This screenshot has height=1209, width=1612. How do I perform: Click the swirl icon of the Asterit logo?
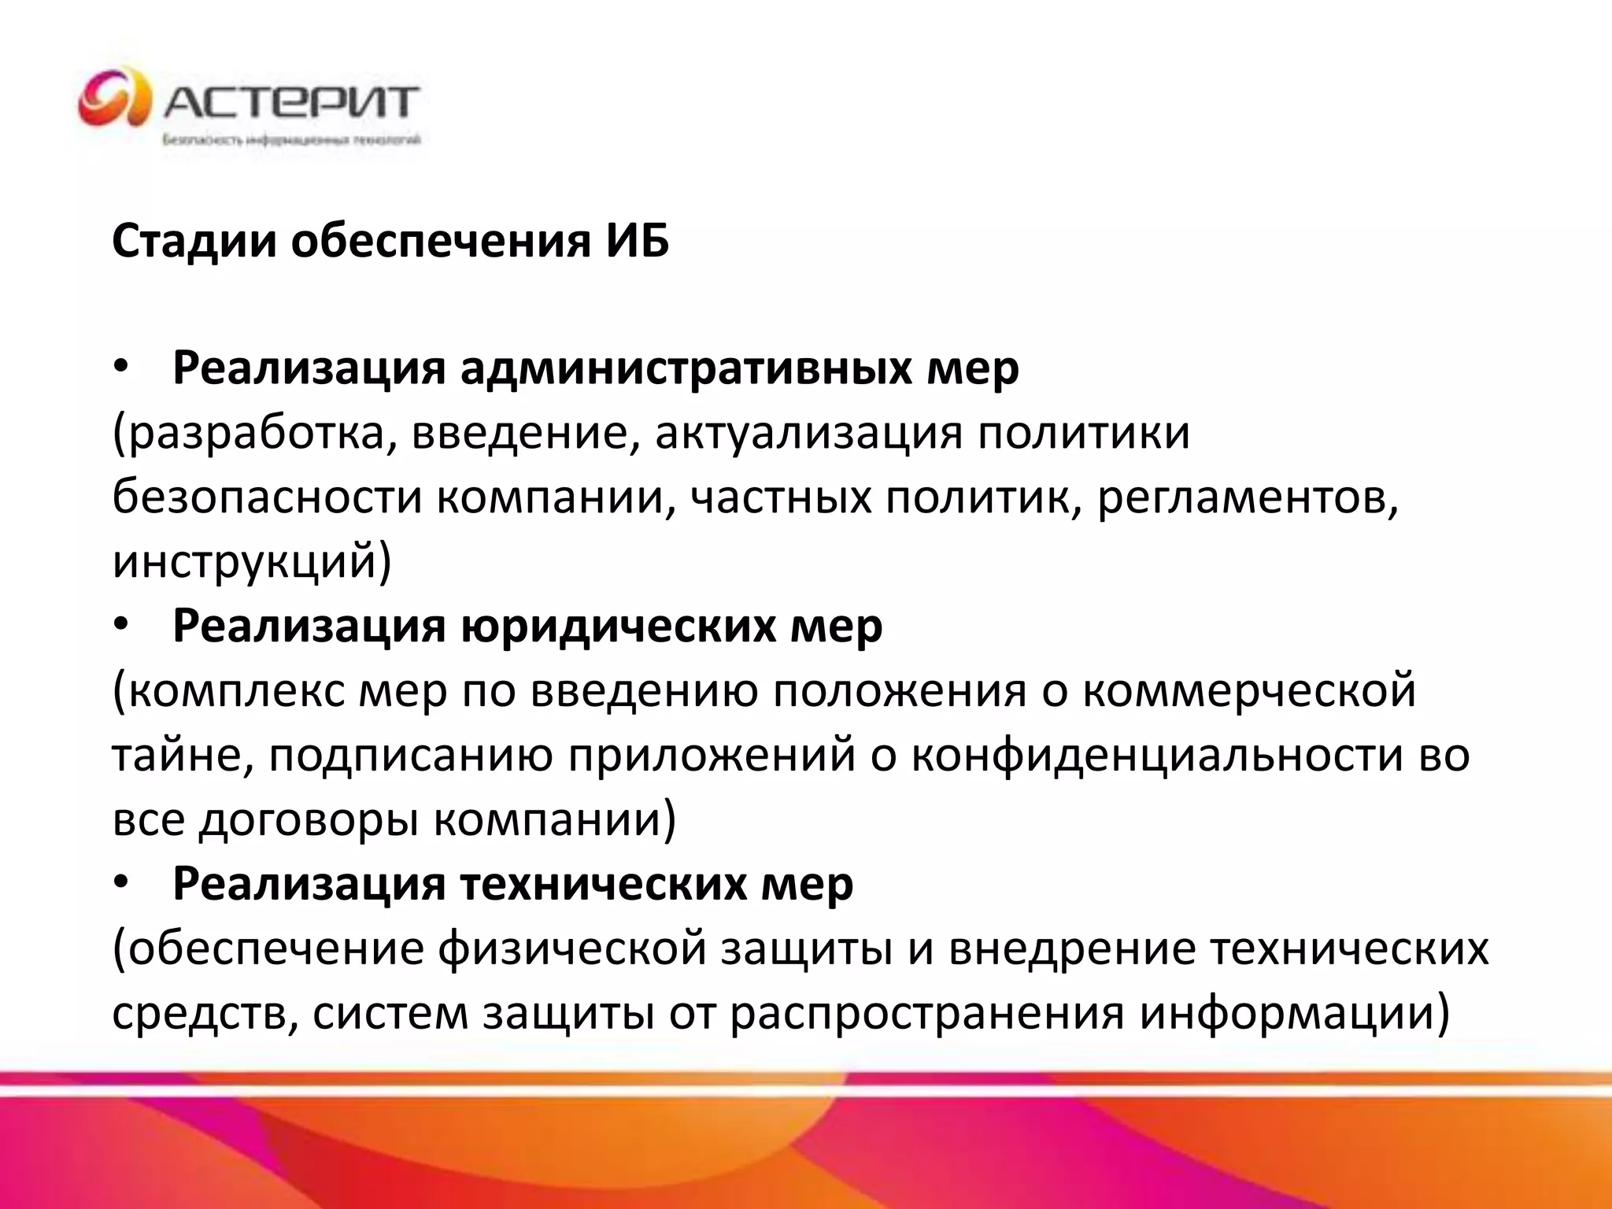point(115,98)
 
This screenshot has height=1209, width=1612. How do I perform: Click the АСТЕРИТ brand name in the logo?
point(291,102)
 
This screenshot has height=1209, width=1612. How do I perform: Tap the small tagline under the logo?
point(291,140)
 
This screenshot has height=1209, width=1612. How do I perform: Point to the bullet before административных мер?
point(120,368)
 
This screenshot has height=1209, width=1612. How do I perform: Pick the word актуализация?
point(808,434)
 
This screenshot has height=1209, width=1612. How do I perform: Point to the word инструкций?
point(245,562)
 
